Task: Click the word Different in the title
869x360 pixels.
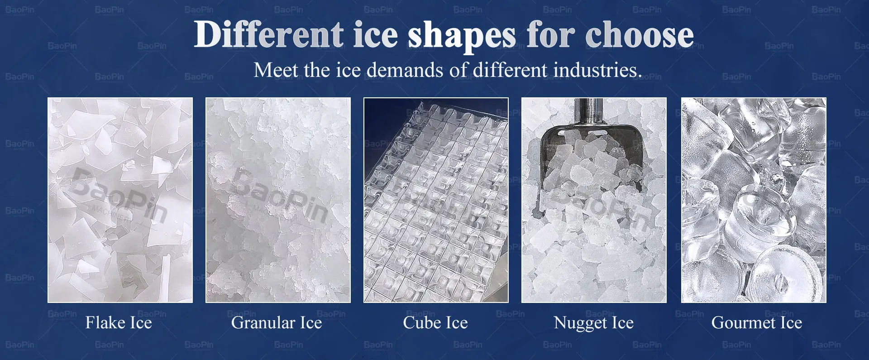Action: coord(269,34)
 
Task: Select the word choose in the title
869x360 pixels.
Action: coord(639,35)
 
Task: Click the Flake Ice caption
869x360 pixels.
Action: coord(119,322)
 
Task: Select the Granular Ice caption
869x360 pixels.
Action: coord(277,322)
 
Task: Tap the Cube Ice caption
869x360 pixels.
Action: coord(435,322)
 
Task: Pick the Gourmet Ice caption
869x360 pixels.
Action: coord(757,322)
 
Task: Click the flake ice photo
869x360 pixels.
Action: coord(120,200)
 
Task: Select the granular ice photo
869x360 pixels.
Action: coord(278,200)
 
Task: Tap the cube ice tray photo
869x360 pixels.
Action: coord(436,200)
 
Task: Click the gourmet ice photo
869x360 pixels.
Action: coord(754,200)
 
